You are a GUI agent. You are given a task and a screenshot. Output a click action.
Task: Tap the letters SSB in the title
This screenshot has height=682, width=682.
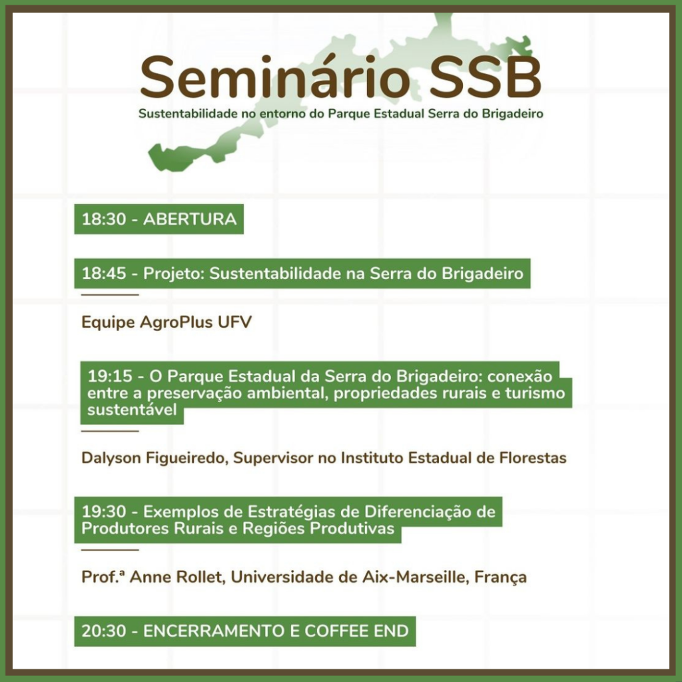pyautogui.click(x=486, y=78)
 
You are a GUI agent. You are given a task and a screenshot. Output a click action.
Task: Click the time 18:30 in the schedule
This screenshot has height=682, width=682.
pyautogui.click(x=104, y=218)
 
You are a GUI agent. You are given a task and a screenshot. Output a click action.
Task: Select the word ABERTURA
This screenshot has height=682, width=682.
pyautogui.click(x=190, y=218)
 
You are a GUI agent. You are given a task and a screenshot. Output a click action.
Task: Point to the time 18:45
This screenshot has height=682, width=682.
pyautogui.click(x=104, y=273)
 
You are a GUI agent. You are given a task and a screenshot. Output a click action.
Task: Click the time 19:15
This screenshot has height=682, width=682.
pyautogui.click(x=110, y=376)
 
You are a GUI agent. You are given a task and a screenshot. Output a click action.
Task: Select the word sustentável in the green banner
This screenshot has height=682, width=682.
pyautogui.click(x=133, y=410)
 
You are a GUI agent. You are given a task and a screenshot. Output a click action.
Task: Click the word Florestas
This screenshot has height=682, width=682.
pyautogui.click(x=533, y=458)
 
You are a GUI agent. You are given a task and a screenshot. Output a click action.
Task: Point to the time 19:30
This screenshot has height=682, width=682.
pyautogui.click(x=104, y=511)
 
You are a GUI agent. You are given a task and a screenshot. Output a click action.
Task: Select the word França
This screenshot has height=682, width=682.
pyautogui.click(x=501, y=577)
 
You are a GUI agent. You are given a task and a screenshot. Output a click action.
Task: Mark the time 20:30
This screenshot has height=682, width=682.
pyautogui.click(x=104, y=631)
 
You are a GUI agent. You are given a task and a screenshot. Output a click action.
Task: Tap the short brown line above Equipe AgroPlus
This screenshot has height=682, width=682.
pyautogui.click(x=110, y=294)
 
